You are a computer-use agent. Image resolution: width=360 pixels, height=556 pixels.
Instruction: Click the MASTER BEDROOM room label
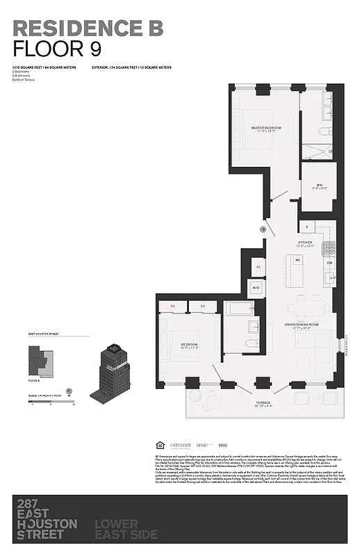tap(266, 128)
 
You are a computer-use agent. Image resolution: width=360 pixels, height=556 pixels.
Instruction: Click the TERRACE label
tap(263, 402)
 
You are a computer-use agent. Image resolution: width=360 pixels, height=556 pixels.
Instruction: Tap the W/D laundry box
tap(256, 287)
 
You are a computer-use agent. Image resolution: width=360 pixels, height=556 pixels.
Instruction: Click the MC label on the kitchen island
tap(297, 260)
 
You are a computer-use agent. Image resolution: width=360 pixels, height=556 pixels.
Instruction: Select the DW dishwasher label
tap(329, 263)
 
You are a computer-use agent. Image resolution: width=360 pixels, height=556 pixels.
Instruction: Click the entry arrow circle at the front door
tap(263, 229)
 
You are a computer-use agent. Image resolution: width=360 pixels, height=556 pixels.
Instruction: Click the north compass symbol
tap(69, 391)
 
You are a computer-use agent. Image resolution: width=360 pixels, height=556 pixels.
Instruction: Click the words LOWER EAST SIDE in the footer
tap(126, 529)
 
